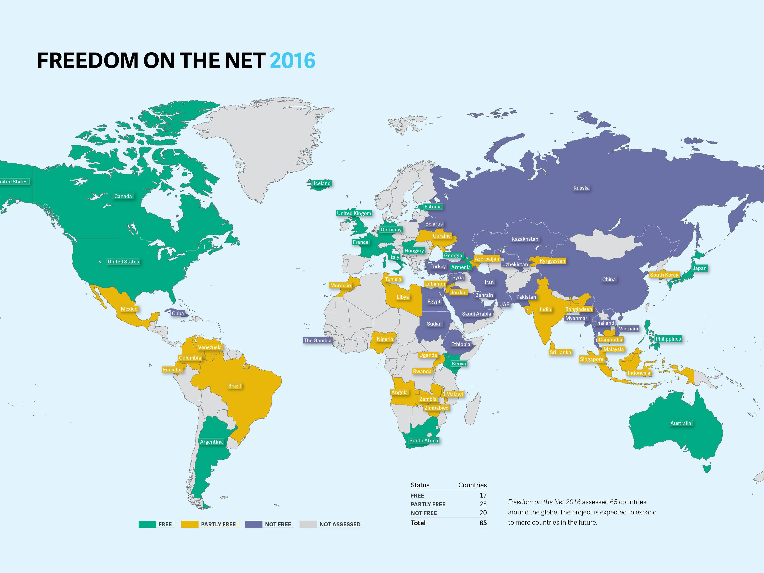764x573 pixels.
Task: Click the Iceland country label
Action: point(322,183)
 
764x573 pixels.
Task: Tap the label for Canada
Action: point(123,196)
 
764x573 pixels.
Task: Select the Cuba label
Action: point(178,313)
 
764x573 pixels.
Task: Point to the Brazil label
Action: point(234,385)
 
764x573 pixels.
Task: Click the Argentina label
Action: point(211,441)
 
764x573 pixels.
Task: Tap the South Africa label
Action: point(423,440)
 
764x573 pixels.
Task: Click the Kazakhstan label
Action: point(525,239)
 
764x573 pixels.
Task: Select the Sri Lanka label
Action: point(560,352)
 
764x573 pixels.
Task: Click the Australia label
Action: point(680,423)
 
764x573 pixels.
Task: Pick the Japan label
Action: point(699,268)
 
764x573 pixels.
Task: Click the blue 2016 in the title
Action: point(292,61)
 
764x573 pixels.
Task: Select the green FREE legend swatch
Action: point(147,524)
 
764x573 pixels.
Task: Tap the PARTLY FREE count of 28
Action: point(483,504)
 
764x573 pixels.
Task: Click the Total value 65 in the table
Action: point(483,523)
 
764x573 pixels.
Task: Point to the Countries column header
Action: point(472,485)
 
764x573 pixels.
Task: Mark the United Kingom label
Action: point(354,213)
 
